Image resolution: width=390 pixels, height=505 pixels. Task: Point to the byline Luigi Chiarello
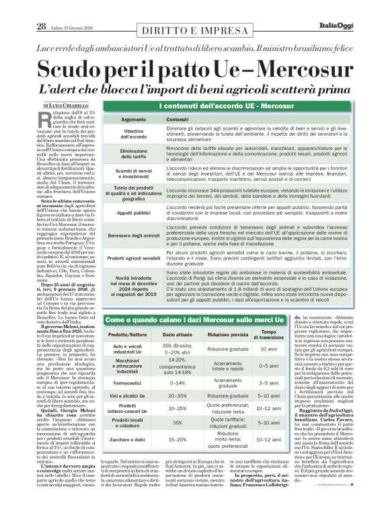pos(50,106)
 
